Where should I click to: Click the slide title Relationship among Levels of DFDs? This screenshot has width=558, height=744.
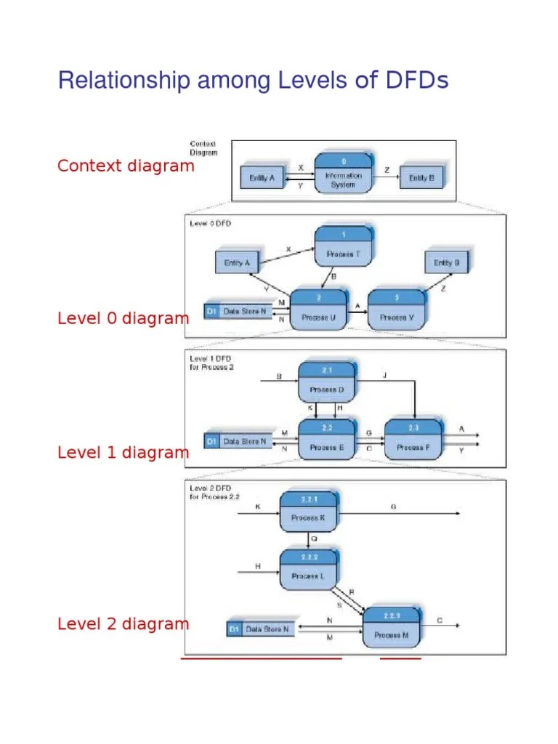tap(253, 80)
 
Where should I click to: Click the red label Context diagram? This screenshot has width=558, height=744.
tap(126, 166)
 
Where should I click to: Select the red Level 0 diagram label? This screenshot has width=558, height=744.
tap(123, 318)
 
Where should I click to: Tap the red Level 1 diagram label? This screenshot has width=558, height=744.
tap(123, 453)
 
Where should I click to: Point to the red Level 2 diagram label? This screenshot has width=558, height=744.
tap(123, 623)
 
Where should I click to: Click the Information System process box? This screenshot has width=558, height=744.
tap(344, 174)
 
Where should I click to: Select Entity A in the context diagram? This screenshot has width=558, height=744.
tap(262, 177)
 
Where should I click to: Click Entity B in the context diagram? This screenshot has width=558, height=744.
tap(421, 177)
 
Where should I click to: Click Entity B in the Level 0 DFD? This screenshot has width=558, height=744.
tap(446, 262)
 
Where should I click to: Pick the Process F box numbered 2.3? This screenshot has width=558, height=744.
tap(412, 440)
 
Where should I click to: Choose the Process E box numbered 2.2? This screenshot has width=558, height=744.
tap(326, 440)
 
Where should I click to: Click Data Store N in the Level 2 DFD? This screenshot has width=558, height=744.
tap(261, 629)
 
